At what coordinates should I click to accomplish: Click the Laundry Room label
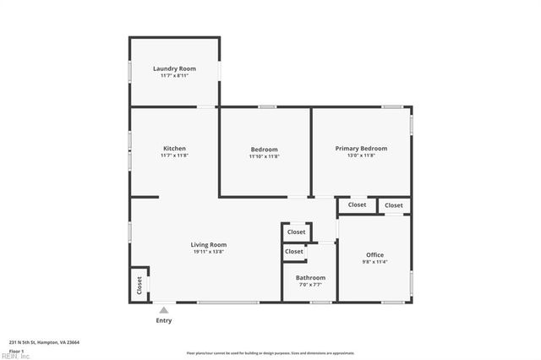point(174,68)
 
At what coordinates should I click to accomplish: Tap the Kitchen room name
point(174,149)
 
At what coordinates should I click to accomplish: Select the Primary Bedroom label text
point(361,149)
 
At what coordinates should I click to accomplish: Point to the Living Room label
point(208,245)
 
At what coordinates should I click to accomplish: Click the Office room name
point(374,255)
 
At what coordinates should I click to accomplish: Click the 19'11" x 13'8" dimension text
point(208,252)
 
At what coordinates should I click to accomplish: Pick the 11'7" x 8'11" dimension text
point(174,75)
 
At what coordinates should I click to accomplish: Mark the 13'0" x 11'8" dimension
point(361,155)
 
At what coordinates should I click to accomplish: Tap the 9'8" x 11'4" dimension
point(374,262)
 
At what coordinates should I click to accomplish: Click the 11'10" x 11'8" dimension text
point(264,156)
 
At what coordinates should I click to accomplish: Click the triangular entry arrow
point(164,309)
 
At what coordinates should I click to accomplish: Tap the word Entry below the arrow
point(164,320)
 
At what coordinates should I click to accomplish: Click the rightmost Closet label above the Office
point(394,205)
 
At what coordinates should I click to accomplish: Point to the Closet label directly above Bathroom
point(294,252)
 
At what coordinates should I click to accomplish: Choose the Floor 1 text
point(16,351)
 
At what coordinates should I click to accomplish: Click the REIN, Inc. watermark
point(15,357)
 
